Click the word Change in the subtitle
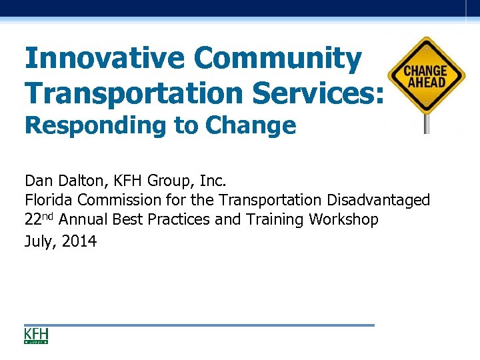coord(251,125)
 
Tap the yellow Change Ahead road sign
coord(426,74)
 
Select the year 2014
coord(79,241)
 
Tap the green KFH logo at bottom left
coord(36,335)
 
